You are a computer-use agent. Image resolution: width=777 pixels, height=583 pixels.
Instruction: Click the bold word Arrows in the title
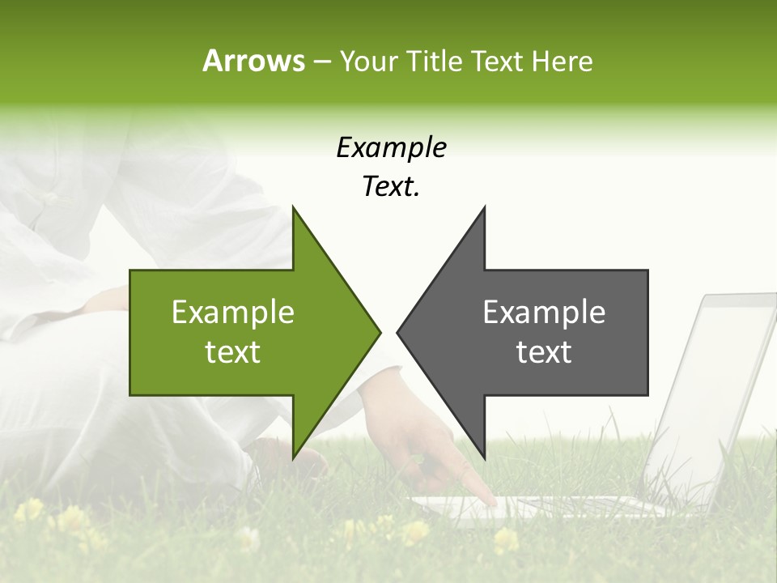[x=253, y=61]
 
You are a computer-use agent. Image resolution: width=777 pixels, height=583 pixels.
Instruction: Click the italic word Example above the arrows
[x=392, y=148]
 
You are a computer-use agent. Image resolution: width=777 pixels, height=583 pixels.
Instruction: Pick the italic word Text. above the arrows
[x=392, y=187]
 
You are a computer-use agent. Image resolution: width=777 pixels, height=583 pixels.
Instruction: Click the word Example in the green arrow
[x=233, y=313]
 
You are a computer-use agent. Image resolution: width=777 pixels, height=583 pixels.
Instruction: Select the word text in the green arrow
[x=233, y=352]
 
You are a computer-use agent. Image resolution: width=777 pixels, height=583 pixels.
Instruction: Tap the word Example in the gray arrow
[x=544, y=313]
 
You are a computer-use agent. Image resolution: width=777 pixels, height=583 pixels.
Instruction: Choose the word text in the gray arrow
[x=544, y=352]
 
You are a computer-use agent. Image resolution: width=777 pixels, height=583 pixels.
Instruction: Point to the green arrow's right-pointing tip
[x=379, y=332]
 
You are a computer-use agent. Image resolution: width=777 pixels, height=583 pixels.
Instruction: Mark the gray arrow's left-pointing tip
[x=398, y=332]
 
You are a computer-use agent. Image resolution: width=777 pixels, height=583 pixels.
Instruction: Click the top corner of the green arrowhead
[x=293, y=207]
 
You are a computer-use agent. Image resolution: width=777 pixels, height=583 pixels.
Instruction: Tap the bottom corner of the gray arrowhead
[x=484, y=457]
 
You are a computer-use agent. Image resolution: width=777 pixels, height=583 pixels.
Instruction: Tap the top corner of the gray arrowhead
[x=484, y=207]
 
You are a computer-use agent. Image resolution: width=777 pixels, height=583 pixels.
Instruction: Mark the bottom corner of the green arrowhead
[x=293, y=457]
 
